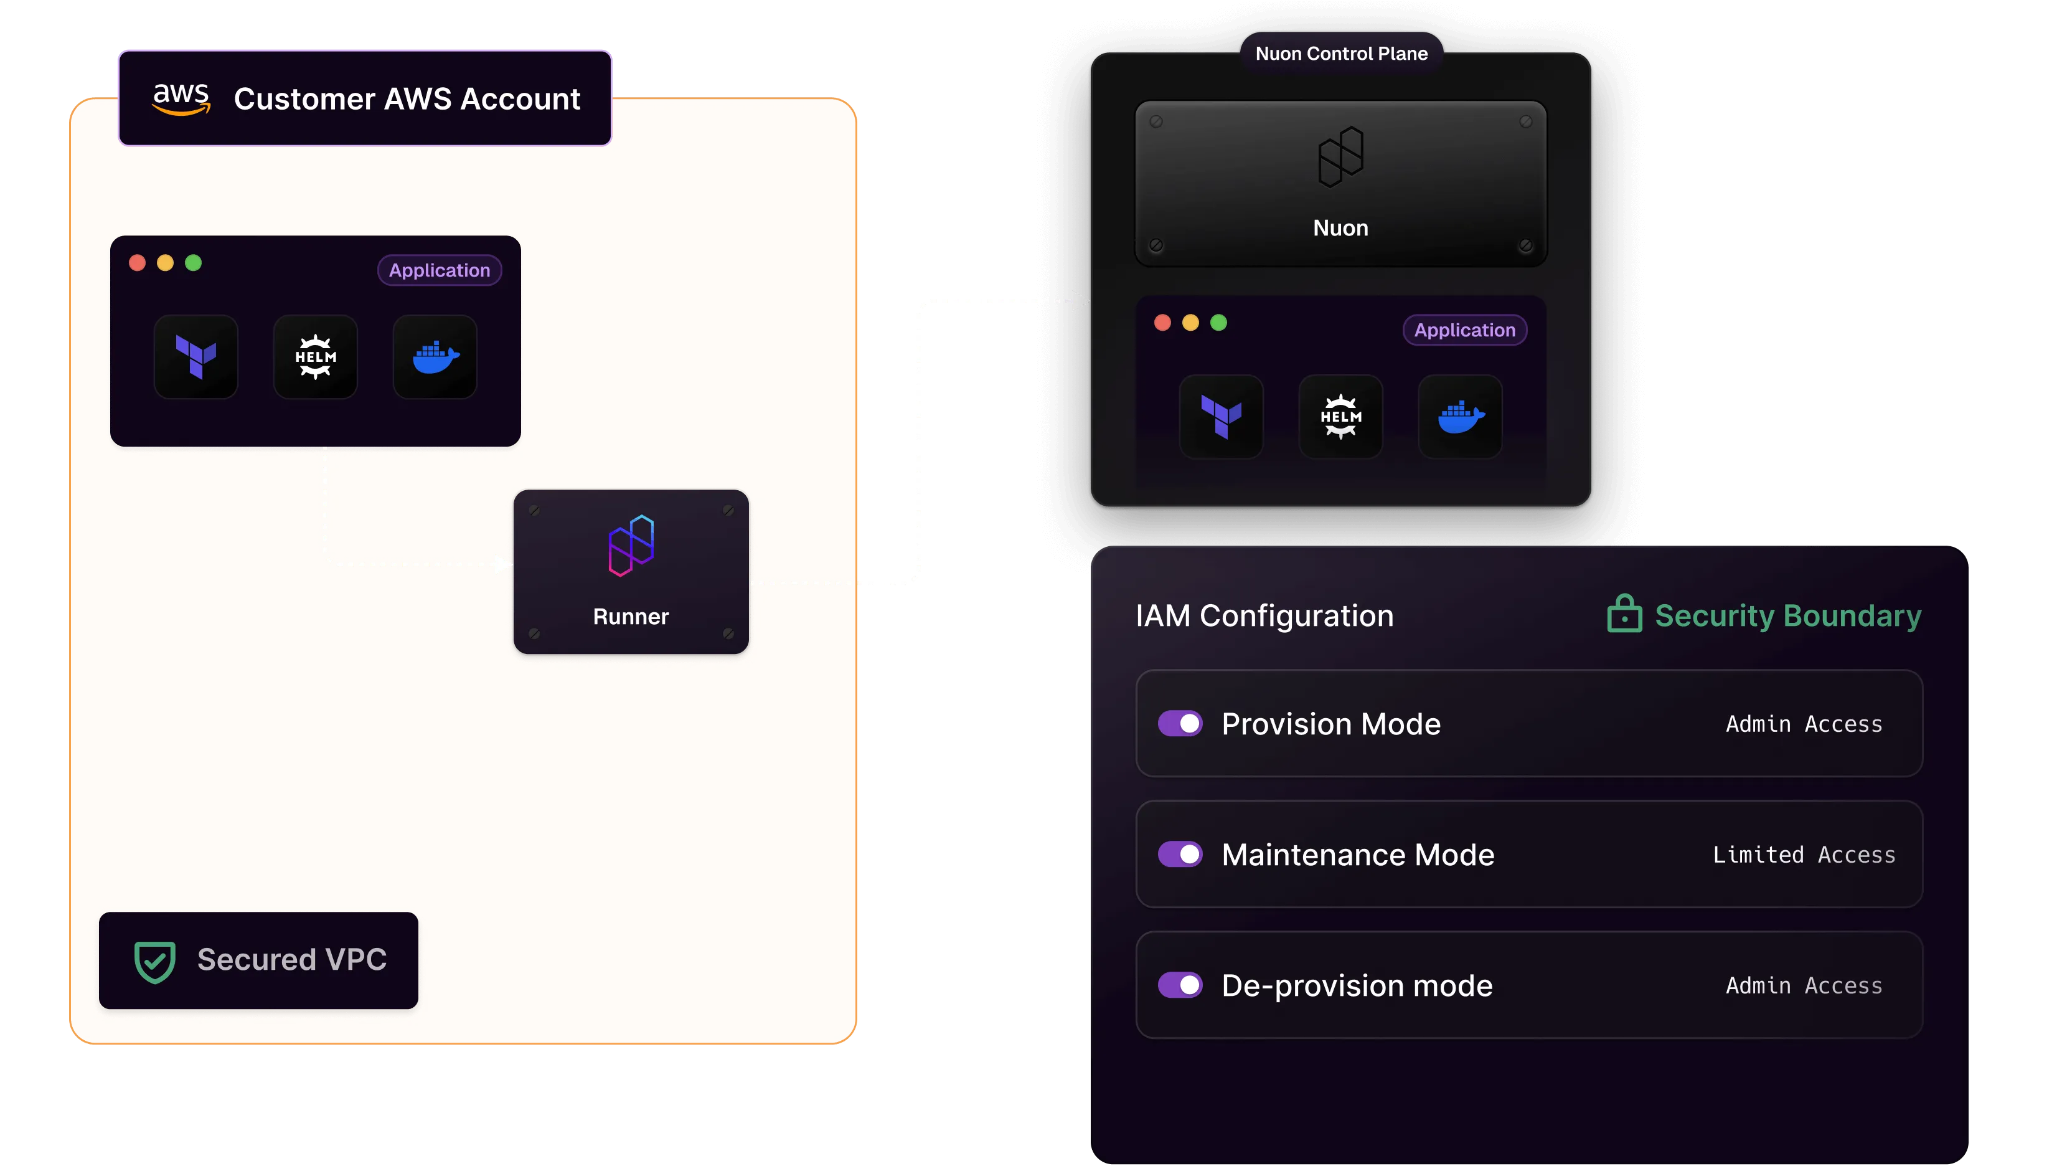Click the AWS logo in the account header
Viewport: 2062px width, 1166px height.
(x=182, y=98)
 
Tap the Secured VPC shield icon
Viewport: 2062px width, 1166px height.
(x=154, y=961)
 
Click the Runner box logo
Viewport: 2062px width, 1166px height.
(x=631, y=546)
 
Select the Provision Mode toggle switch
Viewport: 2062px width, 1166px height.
(x=1180, y=723)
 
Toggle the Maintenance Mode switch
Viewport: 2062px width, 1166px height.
(x=1180, y=854)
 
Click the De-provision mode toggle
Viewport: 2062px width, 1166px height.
(x=1180, y=984)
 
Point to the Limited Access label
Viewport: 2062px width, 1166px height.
(x=1804, y=855)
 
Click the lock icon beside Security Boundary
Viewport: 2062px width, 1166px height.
(x=1624, y=614)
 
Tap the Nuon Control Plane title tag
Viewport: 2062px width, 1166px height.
(x=1342, y=54)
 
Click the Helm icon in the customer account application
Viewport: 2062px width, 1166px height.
(x=316, y=356)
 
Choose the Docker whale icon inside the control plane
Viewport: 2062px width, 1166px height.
(x=1461, y=417)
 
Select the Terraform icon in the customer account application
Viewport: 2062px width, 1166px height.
(x=196, y=356)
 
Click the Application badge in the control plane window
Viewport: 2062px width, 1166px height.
(x=1465, y=330)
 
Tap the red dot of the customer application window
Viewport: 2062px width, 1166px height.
(x=137, y=263)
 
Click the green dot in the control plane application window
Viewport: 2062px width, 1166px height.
(x=1218, y=323)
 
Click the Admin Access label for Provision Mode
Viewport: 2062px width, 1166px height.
(x=1804, y=724)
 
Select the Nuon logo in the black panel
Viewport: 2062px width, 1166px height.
(x=1341, y=157)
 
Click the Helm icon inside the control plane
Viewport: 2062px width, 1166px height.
(x=1341, y=417)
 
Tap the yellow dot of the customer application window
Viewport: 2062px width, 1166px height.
(x=165, y=263)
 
